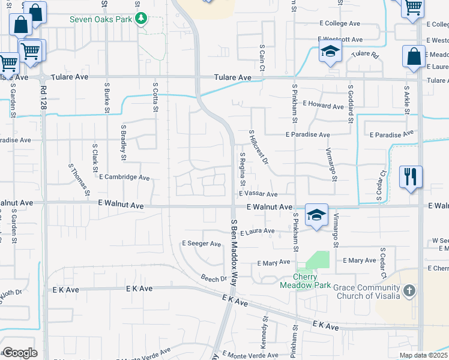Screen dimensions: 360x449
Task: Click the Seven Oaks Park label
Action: [x=101, y=19]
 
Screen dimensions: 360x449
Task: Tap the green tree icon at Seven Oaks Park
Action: [x=141, y=19]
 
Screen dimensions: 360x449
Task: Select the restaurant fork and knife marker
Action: [x=411, y=177]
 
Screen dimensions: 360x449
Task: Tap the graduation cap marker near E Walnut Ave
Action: [x=316, y=215]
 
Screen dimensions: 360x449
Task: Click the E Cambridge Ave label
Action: [x=124, y=178]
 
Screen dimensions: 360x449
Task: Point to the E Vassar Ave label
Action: [x=258, y=194]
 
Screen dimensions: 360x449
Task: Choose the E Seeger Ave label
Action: [x=202, y=244]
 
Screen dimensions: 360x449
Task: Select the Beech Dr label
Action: [x=214, y=278]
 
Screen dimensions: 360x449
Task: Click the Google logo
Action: [x=19, y=353]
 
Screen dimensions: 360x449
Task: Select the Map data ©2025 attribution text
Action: [x=423, y=355]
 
